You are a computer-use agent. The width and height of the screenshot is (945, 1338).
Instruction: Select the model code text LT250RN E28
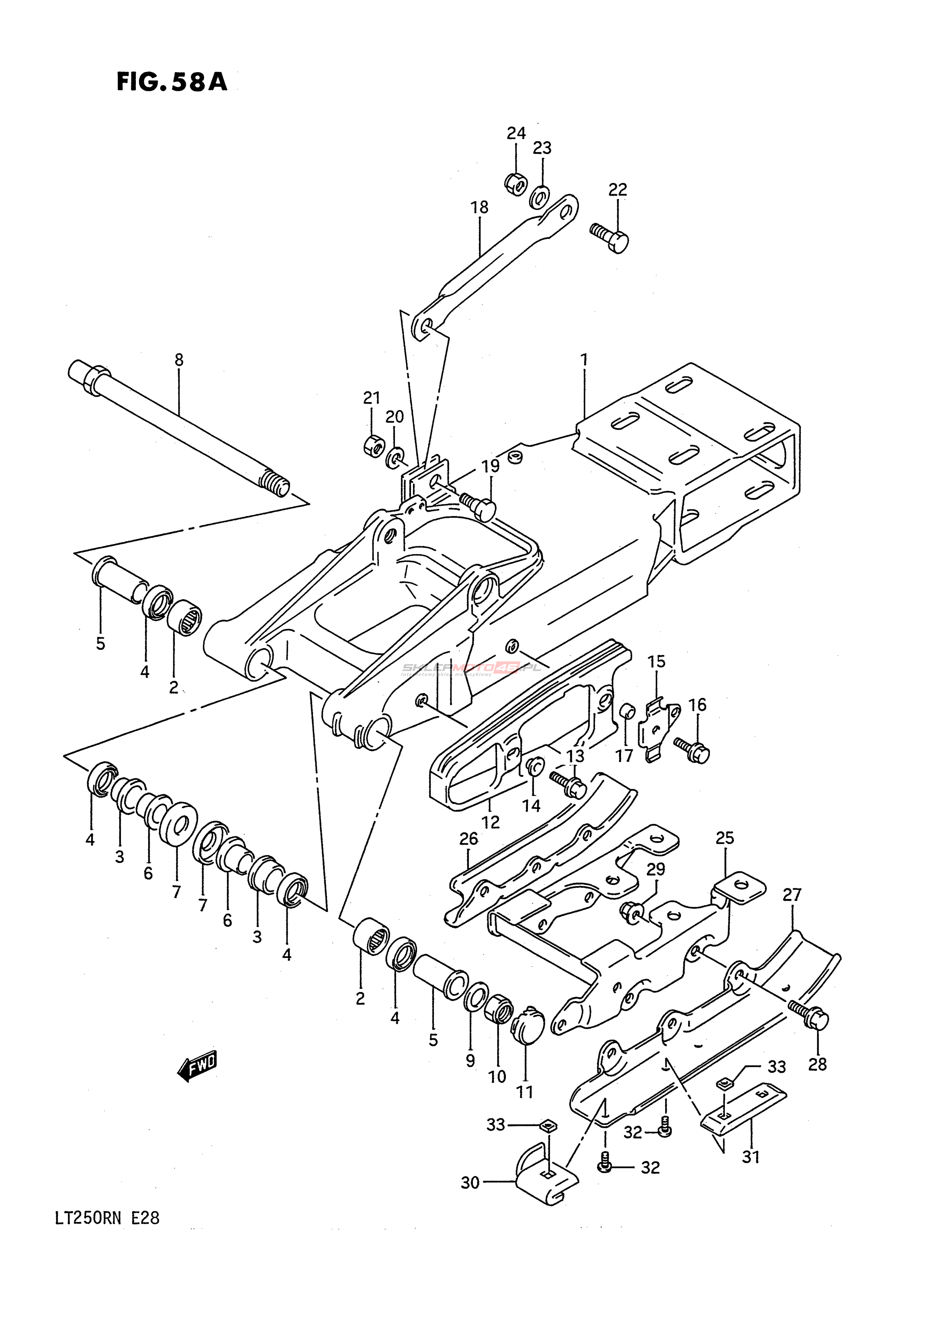click(x=107, y=1218)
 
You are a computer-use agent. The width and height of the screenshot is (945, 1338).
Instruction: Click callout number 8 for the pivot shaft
click(x=179, y=360)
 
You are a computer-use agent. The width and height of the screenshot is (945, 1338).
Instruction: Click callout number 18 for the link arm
click(x=480, y=207)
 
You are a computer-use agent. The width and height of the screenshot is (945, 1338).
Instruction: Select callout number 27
click(x=792, y=894)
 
